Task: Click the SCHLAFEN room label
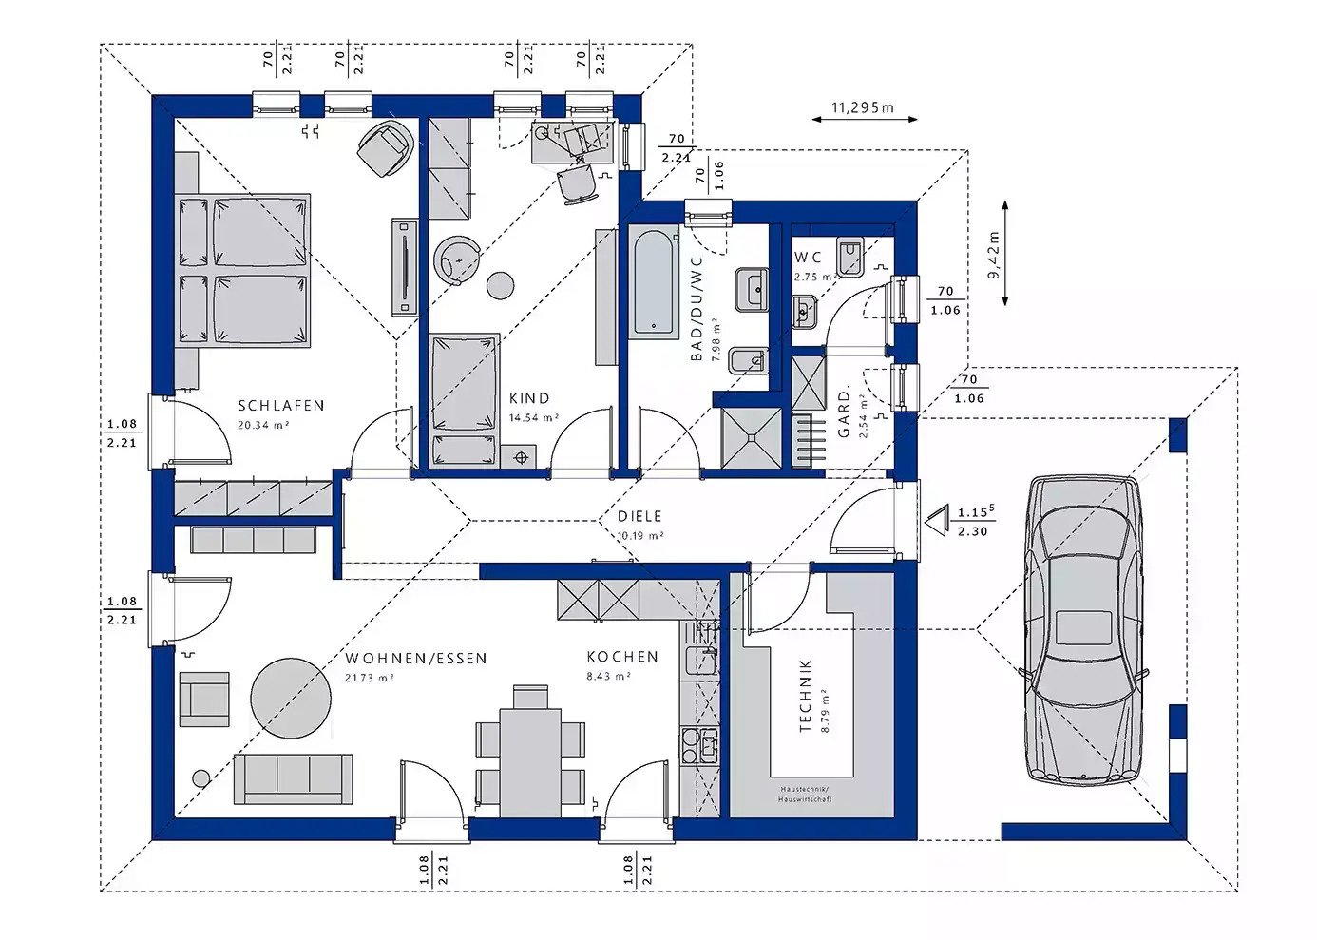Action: pyautogui.click(x=280, y=406)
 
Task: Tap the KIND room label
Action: pyautogui.click(x=528, y=399)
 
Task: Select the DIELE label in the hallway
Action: pyautogui.click(x=639, y=517)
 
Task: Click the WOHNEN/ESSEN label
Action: pyautogui.click(x=415, y=658)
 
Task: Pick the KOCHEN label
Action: pyautogui.click(x=621, y=657)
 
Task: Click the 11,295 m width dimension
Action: pyautogui.click(x=863, y=108)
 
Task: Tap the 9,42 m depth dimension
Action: pyautogui.click(x=994, y=254)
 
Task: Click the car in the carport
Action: pyautogui.click(x=1083, y=629)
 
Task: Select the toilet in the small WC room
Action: pyautogui.click(x=849, y=257)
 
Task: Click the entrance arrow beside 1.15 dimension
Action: pyautogui.click(x=937, y=521)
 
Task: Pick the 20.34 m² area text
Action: pyautogui.click(x=263, y=426)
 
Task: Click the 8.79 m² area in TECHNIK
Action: pyautogui.click(x=826, y=710)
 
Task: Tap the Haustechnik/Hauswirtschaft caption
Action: pyautogui.click(x=804, y=795)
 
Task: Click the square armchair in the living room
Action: pyautogui.click(x=203, y=700)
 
